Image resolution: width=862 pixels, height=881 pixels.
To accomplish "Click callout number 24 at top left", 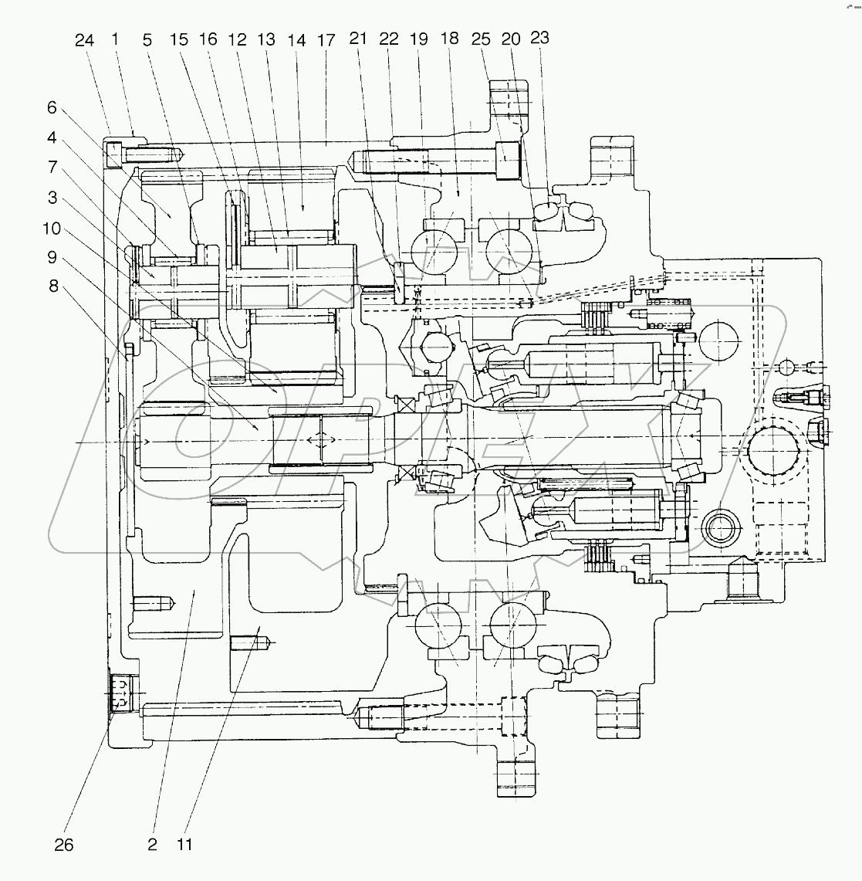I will pyautogui.click(x=85, y=40).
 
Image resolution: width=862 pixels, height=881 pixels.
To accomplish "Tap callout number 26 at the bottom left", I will pyautogui.click(x=64, y=845).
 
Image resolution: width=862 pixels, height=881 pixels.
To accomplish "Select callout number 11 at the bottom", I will pyautogui.click(x=184, y=845).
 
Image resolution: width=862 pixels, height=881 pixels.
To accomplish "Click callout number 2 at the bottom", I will pyautogui.click(x=152, y=845).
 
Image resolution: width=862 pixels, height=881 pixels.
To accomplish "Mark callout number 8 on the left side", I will pyautogui.click(x=52, y=285).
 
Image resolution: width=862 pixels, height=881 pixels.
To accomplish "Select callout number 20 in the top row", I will pyautogui.click(x=511, y=38).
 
